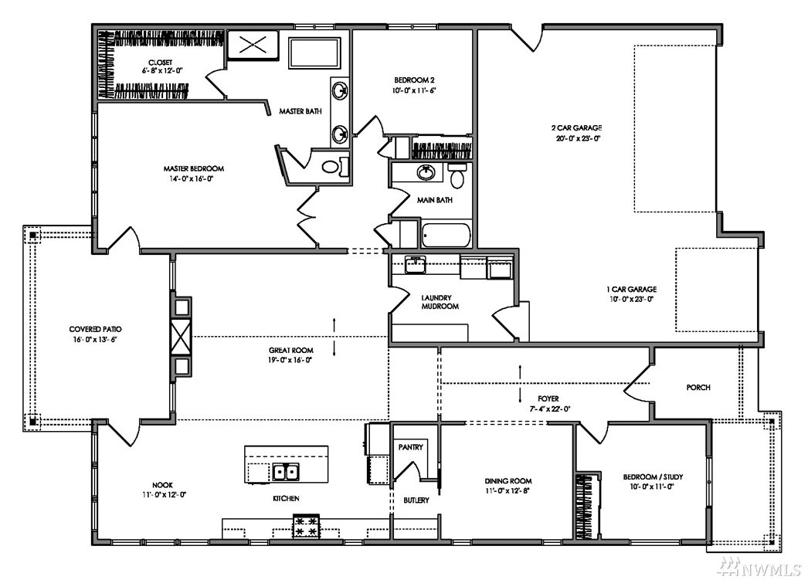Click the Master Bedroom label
point(193,168)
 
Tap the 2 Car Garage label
point(576,127)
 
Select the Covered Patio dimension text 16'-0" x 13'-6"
point(95,340)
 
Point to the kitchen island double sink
point(286,472)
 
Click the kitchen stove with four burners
point(306,527)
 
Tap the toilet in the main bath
point(457,175)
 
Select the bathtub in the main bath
point(446,235)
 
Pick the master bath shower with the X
point(253,45)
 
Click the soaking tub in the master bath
point(314,52)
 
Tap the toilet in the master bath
point(333,166)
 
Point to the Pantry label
point(411,447)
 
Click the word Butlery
point(416,500)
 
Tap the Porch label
point(698,388)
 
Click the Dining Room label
point(508,481)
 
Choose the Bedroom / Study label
point(653,477)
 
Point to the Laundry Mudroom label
point(440,302)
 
